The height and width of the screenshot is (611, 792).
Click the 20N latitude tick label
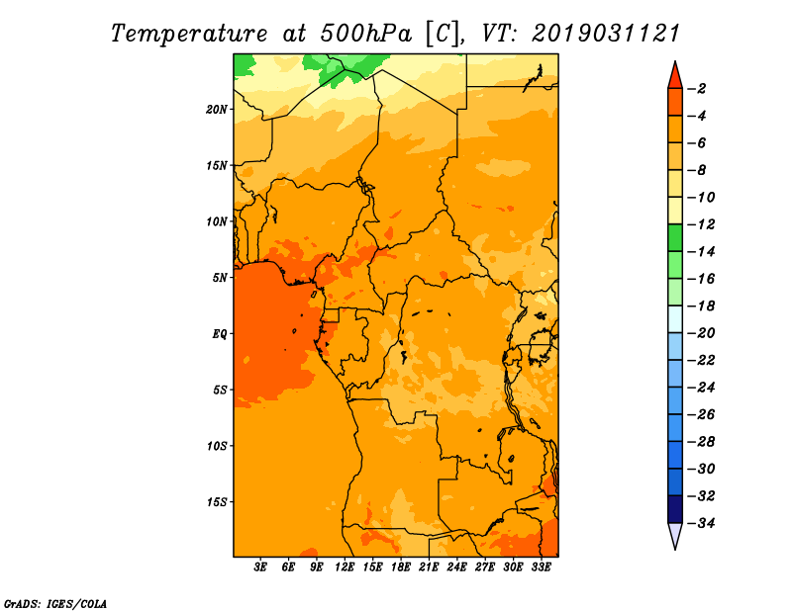(217, 110)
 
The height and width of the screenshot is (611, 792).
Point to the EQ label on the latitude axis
(220, 334)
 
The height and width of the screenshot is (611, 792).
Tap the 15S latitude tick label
(217, 502)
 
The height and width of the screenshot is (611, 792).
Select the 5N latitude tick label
(220, 278)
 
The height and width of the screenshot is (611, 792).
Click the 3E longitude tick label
(260, 567)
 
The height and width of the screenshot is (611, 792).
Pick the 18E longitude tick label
(401, 567)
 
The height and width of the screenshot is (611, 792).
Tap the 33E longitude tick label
(541, 567)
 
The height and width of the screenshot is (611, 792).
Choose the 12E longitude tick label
(345, 567)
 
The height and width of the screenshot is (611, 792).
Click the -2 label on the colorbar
(698, 89)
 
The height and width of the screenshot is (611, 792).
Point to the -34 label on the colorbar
(701, 523)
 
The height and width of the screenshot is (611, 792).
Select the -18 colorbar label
(701, 305)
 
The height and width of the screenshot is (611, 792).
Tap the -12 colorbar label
(701, 224)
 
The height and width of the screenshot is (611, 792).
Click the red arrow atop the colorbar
(675, 77)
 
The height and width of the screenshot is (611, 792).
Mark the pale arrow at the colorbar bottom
(675, 534)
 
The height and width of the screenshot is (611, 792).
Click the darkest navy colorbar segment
(675, 509)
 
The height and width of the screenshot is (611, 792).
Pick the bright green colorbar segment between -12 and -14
(675, 238)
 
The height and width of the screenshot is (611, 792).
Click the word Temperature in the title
(189, 34)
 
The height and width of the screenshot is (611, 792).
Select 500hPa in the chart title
(365, 34)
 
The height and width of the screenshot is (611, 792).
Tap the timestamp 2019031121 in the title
(606, 34)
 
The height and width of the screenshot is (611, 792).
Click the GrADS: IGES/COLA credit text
(55, 604)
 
